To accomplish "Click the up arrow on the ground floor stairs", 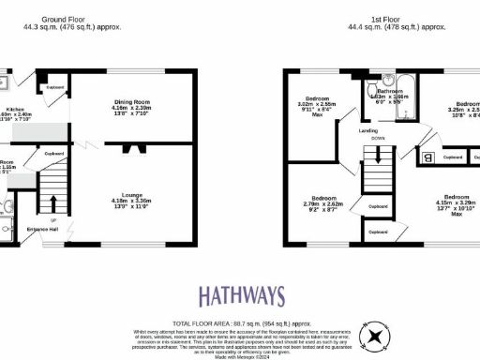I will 53,203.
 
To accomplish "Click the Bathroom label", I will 389,91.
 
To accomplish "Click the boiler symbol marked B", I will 427,157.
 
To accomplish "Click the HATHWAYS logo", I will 240,295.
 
